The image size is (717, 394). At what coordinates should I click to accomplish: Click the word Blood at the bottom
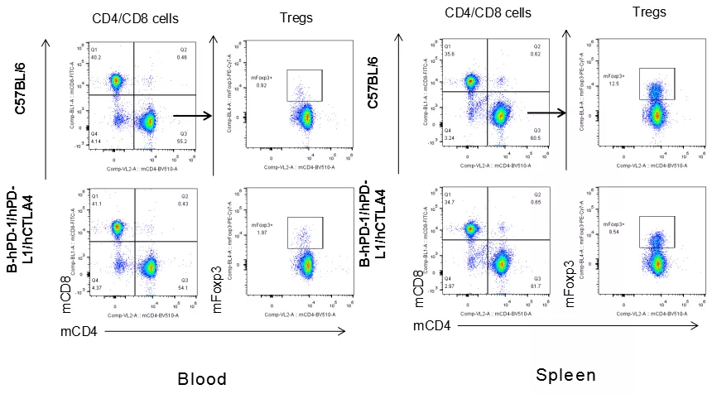(202, 379)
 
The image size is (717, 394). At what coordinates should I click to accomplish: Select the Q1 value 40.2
(75, 57)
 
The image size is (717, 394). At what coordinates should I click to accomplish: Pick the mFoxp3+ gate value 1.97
(262, 233)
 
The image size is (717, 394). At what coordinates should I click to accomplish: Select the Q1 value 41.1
(75, 204)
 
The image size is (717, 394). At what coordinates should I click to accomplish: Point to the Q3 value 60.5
(536, 137)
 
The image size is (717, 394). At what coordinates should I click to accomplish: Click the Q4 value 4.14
(75, 143)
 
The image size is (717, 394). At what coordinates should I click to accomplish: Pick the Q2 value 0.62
(536, 53)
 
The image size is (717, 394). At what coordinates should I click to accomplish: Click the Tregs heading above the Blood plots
(296, 16)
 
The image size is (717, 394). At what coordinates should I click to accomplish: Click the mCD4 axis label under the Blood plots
(81, 332)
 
